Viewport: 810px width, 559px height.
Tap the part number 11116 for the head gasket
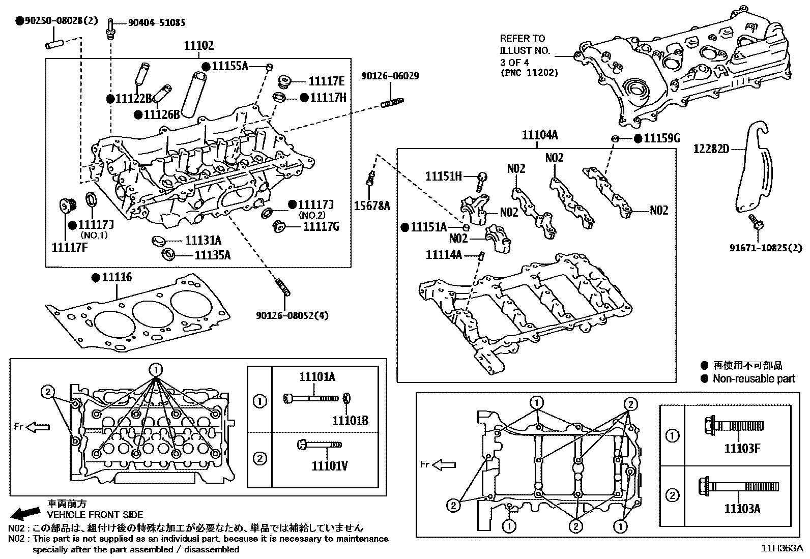tap(117, 277)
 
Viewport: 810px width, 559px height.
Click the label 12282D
tap(711, 149)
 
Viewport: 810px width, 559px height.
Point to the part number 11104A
tap(539, 135)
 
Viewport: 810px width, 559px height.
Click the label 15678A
tap(372, 205)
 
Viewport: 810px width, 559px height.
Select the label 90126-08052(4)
tap(292, 315)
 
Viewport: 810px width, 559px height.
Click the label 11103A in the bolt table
tap(742, 509)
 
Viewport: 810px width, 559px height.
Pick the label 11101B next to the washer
tap(350, 421)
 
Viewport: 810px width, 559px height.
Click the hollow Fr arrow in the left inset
tap(38, 427)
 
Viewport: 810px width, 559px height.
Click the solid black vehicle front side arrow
tap(25, 511)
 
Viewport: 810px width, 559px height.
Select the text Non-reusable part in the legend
tap(754, 378)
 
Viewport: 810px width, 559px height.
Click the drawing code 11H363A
tap(782, 548)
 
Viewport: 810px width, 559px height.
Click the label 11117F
tap(72, 247)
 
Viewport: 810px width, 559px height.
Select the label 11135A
tap(213, 255)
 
